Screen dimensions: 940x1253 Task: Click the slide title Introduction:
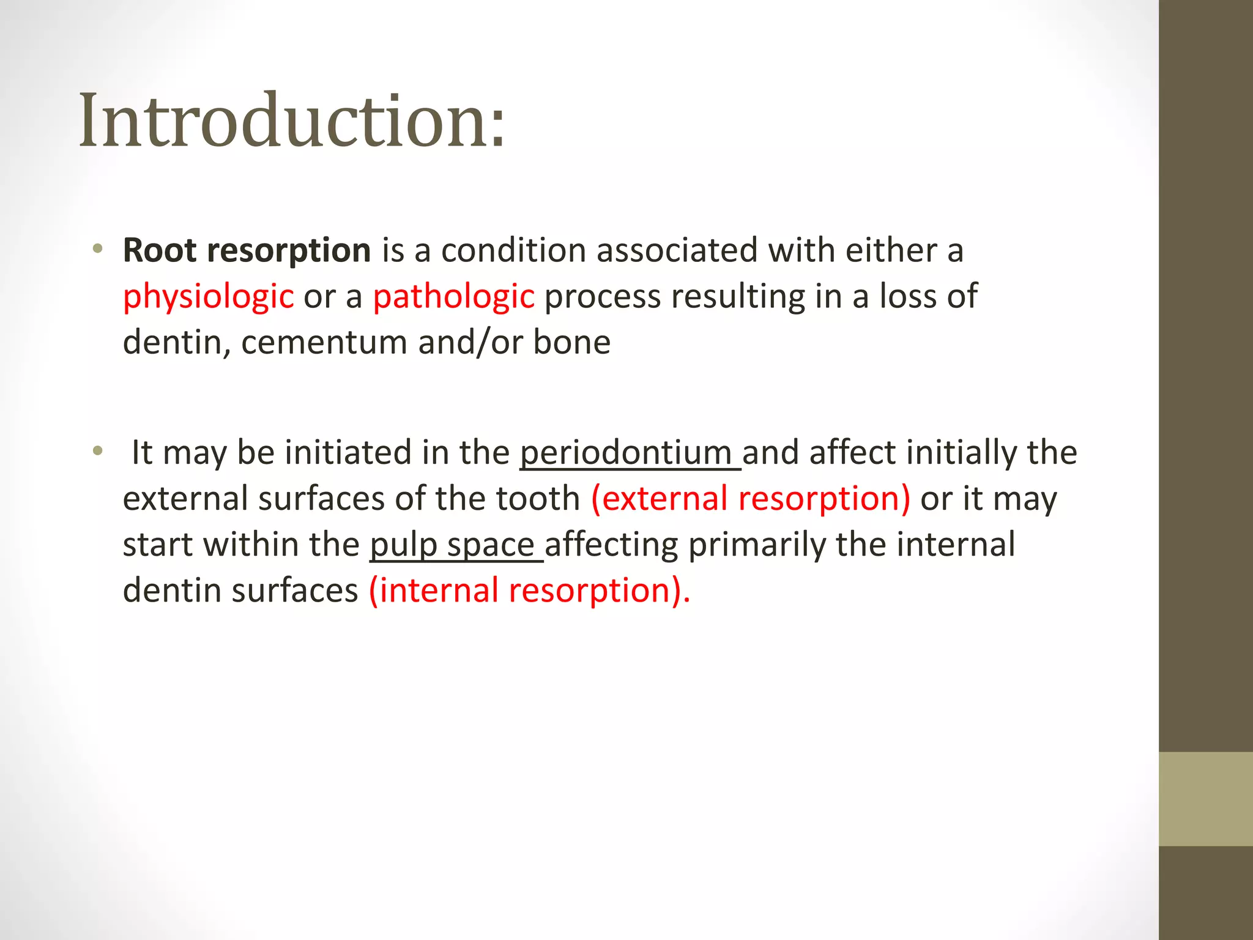point(292,121)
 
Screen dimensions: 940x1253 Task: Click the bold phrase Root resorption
point(247,251)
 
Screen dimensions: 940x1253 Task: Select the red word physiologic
point(208,297)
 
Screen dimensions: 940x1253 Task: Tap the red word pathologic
point(453,297)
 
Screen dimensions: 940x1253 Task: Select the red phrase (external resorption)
point(750,499)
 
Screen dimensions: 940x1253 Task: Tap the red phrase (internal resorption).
point(529,591)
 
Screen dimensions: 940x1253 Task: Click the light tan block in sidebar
point(1205,799)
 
